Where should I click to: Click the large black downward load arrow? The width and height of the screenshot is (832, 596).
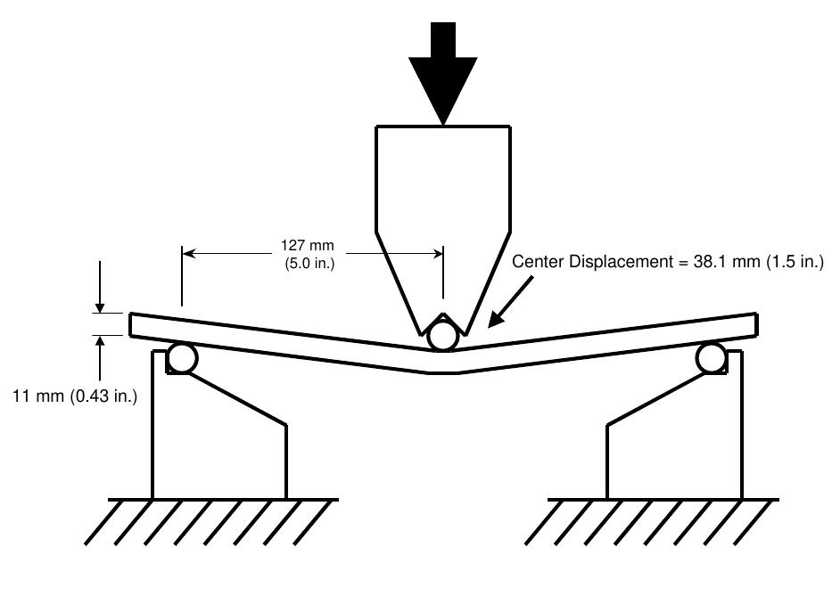click(x=442, y=73)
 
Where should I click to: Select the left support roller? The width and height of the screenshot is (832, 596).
click(x=182, y=358)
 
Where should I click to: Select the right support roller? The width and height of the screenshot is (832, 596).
click(x=713, y=358)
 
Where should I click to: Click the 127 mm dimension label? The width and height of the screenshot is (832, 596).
click(x=308, y=246)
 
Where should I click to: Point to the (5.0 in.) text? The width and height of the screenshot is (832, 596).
click(x=309, y=263)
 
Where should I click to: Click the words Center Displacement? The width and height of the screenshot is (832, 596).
click(x=592, y=261)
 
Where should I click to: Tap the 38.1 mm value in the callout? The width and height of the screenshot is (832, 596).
click(x=727, y=261)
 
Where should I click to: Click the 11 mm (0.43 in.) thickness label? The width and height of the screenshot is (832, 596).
click(x=75, y=396)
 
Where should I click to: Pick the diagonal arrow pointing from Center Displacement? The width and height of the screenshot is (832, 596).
click(x=510, y=301)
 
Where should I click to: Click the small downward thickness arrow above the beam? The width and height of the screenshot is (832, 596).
click(x=100, y=287)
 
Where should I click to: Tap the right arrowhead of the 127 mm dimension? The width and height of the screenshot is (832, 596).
click(x=437, y=254)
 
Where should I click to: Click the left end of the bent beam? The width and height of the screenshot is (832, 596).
click(x=130, y=324)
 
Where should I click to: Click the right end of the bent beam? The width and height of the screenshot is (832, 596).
click(x=756, y=324)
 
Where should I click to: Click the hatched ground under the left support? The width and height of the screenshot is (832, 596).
click(x=211, y=522)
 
